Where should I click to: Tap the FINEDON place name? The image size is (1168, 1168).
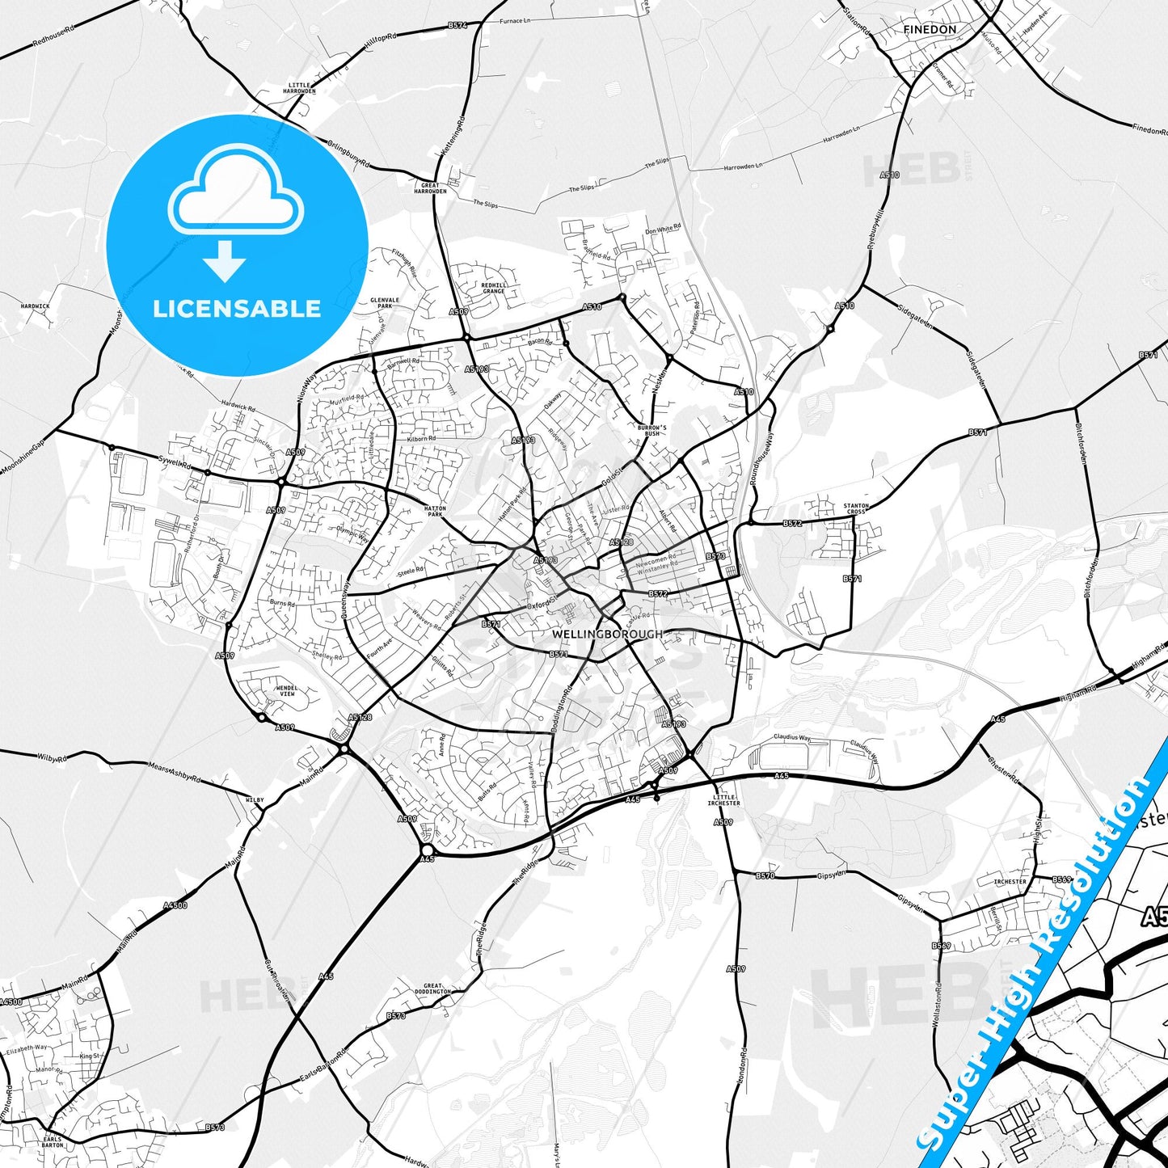[930, 29]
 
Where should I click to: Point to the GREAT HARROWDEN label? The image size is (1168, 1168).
[430, 188]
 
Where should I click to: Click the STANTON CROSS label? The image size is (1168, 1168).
[855, 508]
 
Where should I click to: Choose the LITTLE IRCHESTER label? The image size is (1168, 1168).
[723, 799]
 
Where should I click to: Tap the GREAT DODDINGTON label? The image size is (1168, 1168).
[432, 989]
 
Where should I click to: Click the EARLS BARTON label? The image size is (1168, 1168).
[53, 1141]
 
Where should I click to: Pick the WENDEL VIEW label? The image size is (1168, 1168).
[287, 690]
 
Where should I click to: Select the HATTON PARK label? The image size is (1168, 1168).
[435, 511]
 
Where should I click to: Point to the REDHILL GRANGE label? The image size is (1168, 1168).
[494, 288]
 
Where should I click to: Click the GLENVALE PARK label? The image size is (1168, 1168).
[385, 302]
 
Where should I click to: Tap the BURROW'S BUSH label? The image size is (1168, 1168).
[651, 430]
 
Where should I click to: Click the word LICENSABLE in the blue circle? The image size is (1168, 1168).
[237, 308]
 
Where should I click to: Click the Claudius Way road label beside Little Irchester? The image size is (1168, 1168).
[791, 737]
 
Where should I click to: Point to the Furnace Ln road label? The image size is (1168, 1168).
[514, 21]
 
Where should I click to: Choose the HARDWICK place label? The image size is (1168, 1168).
[35, 306]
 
